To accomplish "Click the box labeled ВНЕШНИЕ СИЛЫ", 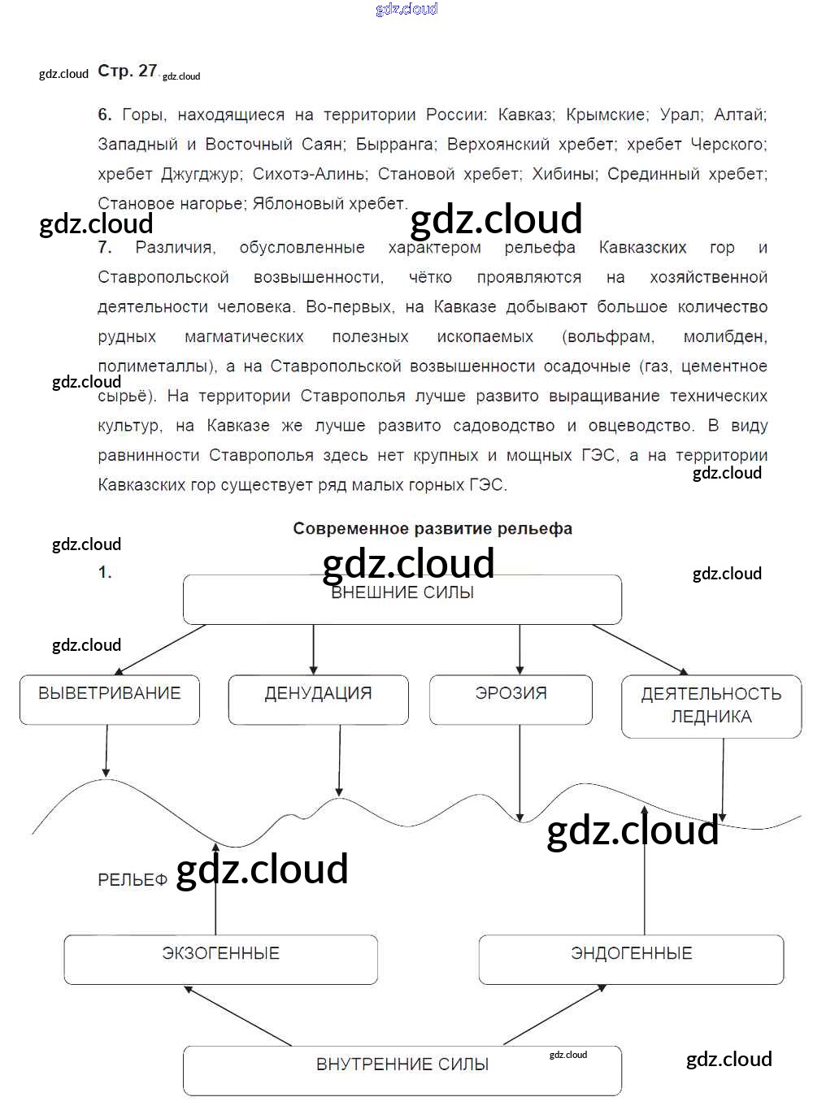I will [x=402, y=600].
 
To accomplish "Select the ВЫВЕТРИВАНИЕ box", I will [x=110, y=699].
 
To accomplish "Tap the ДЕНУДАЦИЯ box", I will [x=318, y=699].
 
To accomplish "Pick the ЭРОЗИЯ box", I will [x=511, y=699].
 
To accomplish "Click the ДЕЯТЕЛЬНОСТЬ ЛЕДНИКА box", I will [x=711, y=705].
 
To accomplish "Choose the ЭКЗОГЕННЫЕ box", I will [x=220, y=959].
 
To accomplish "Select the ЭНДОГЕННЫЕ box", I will [x=631, y=959].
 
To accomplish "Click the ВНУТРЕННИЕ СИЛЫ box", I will [x=402, y=1070].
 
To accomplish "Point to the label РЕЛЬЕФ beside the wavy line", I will [x=133, y=880].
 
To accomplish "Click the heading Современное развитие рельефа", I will [x=433, y=529].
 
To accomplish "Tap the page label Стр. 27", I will [x=127, y=71].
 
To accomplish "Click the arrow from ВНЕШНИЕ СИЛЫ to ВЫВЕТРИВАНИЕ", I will [x=160, y=649].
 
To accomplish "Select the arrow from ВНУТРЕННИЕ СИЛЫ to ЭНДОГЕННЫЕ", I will [x=554, y=1015].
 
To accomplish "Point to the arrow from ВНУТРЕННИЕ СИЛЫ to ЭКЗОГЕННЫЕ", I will [x=237, y=1015].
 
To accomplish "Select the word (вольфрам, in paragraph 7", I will [x=608, y=336].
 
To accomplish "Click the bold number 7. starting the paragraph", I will [x=105, y=248].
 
